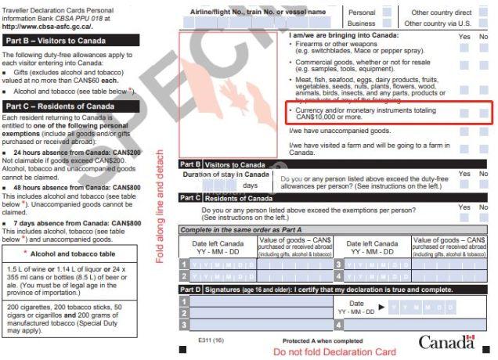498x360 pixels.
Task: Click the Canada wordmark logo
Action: (446, 342)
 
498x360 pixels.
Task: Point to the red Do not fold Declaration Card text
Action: (334, 351)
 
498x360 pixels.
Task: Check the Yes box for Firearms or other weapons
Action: (464, 47)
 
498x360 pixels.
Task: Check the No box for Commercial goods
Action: (483, 65)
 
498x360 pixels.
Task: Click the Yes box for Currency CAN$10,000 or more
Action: (464, 113)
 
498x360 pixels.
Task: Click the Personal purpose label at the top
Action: (361, 13)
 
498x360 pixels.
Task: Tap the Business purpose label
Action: (361, 23)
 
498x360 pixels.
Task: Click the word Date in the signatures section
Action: (356, 303)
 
